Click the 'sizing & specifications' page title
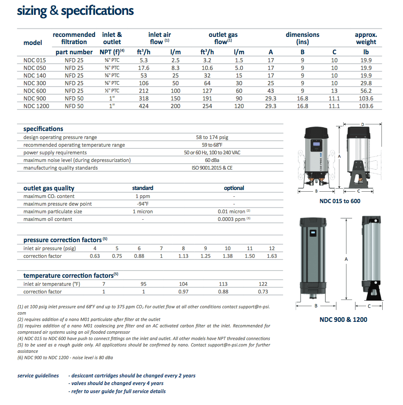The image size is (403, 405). click(75, 11)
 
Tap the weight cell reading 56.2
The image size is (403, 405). click(365, 91)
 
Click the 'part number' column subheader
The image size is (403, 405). click(74, 52)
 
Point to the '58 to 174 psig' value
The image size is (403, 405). click(212, 137)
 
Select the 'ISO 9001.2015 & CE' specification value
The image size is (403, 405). click(212, 168)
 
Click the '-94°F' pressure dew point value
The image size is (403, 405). click(143, 204)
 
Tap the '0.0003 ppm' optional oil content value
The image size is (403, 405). click(232, 219)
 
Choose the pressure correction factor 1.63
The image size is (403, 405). click(272, 256)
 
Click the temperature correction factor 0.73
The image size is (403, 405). click(263, 292)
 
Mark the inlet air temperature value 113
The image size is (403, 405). click(223, 284)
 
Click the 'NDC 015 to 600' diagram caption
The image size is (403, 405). click(340, 201)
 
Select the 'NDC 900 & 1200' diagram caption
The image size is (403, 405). click(343, 319)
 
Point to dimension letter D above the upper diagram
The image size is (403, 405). click(362, 124)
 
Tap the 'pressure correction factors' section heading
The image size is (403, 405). click(62, 240)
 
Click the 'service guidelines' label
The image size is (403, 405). click(38, 376)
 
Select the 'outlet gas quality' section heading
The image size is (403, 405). click(49, 188)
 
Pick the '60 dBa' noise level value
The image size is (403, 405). click(212, 160)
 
